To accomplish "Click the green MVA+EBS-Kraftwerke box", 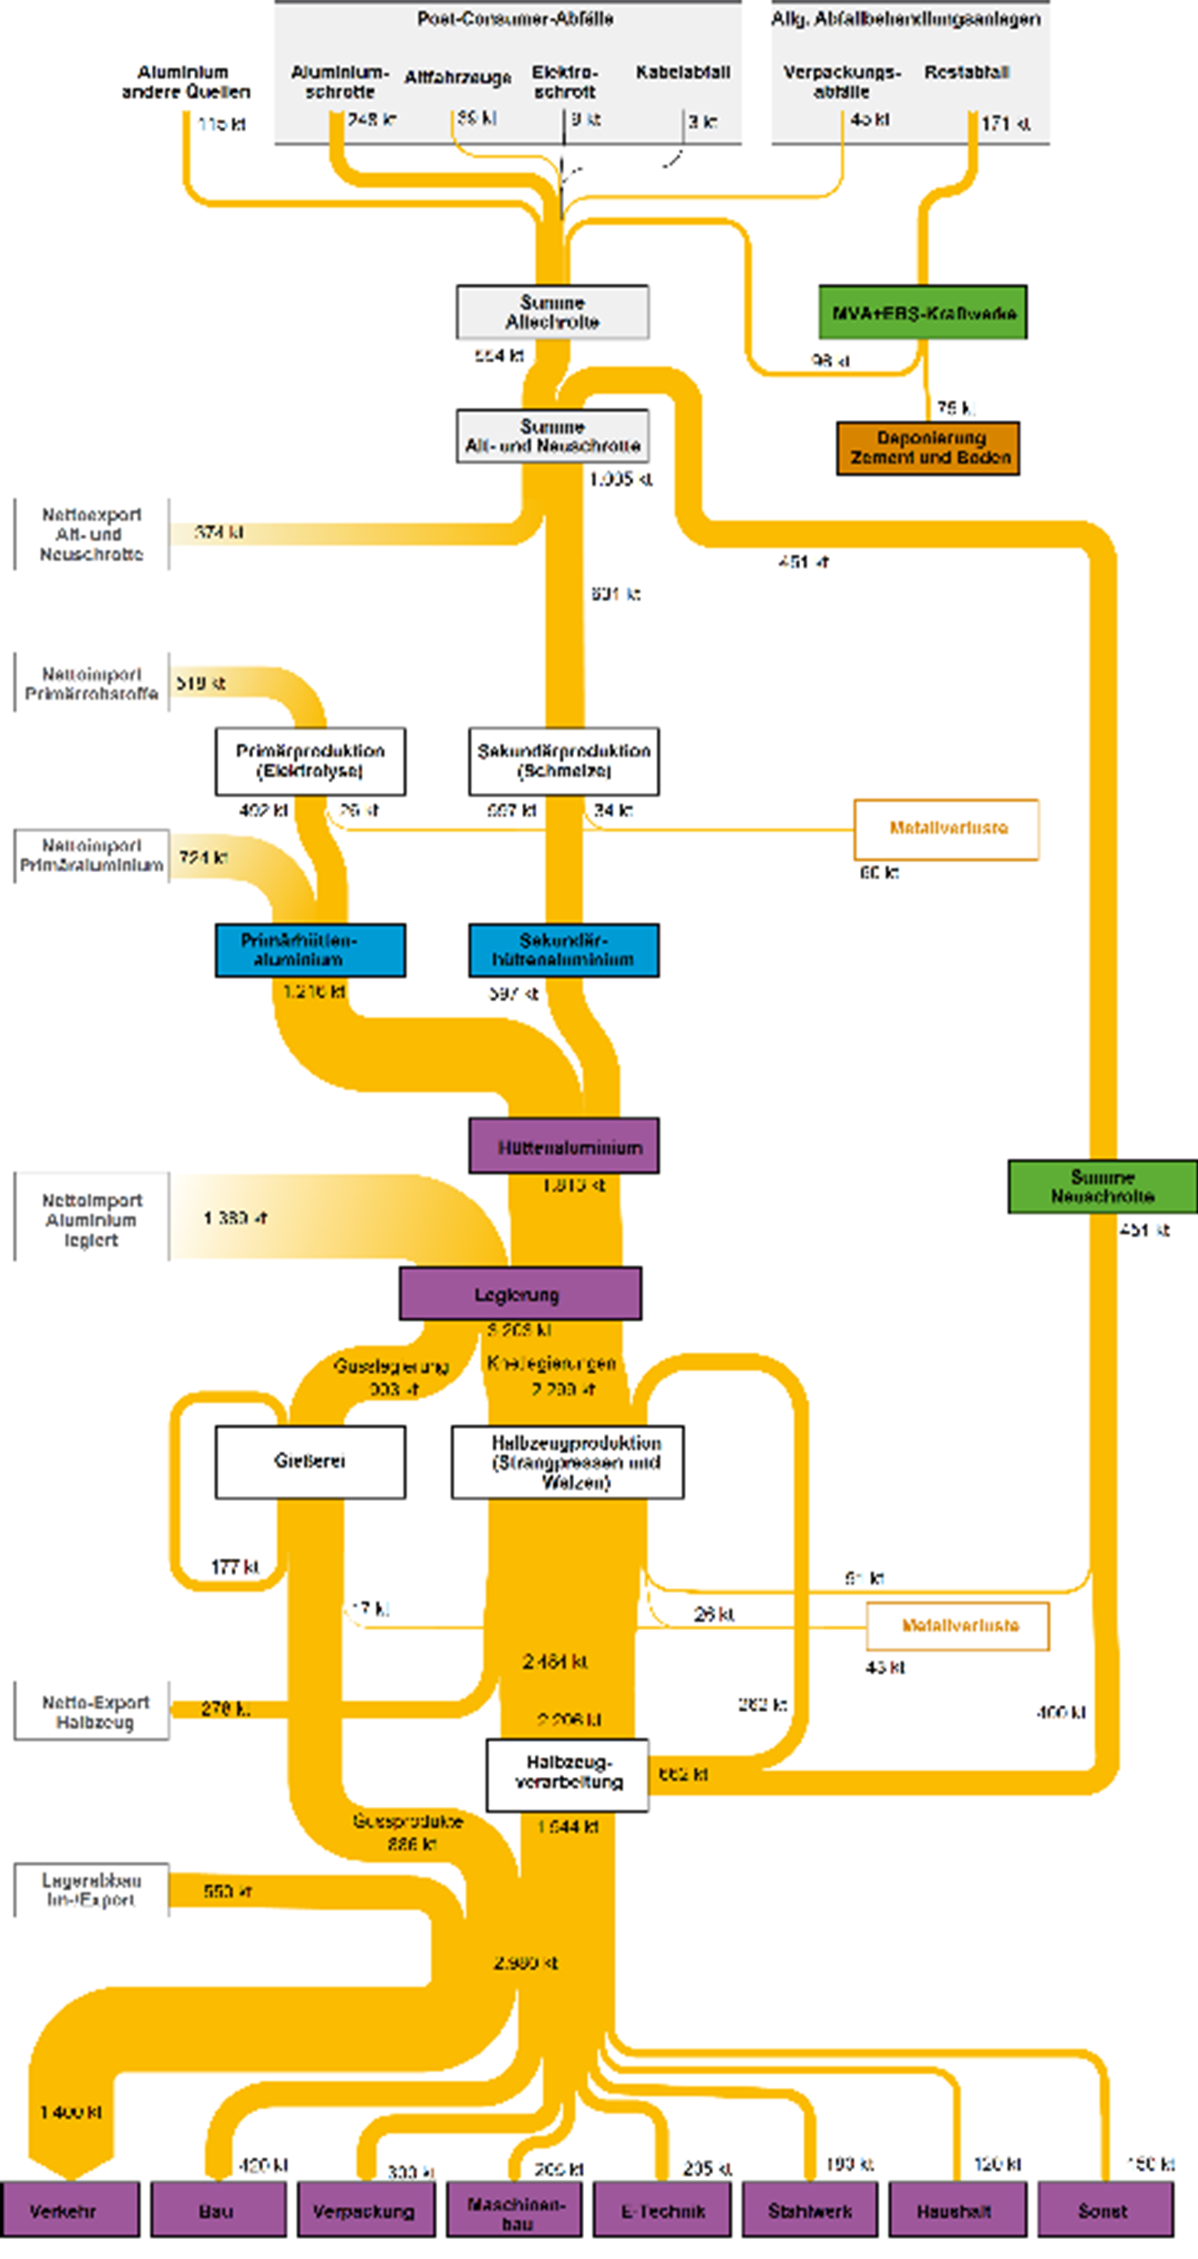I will (x=923, y=313).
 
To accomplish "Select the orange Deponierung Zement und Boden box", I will (x=928, y=448).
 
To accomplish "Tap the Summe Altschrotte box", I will (x=552, y=312).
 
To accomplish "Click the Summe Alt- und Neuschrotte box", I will (x=552, y=436).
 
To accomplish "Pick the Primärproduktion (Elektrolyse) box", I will (x=311, y=761).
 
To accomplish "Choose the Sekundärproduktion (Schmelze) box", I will (x=564, y=761).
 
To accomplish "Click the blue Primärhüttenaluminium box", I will (x=311, y=950).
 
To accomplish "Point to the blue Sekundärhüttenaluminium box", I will (x=564, y=950).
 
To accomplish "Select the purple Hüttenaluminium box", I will (x=564, y=1146).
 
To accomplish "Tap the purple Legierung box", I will (x=520, y=1293).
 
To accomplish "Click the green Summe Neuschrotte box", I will (x=1102, y=1186).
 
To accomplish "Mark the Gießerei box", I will (x=311, y=1462).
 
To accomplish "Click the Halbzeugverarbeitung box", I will (x=568, y=1775).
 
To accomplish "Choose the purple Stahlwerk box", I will (x=810, y=2211).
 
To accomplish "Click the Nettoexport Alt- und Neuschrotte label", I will (x=91, y=535).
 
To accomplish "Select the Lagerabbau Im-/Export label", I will (x=91, y=1890).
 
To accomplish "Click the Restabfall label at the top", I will (x=967, y=73).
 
